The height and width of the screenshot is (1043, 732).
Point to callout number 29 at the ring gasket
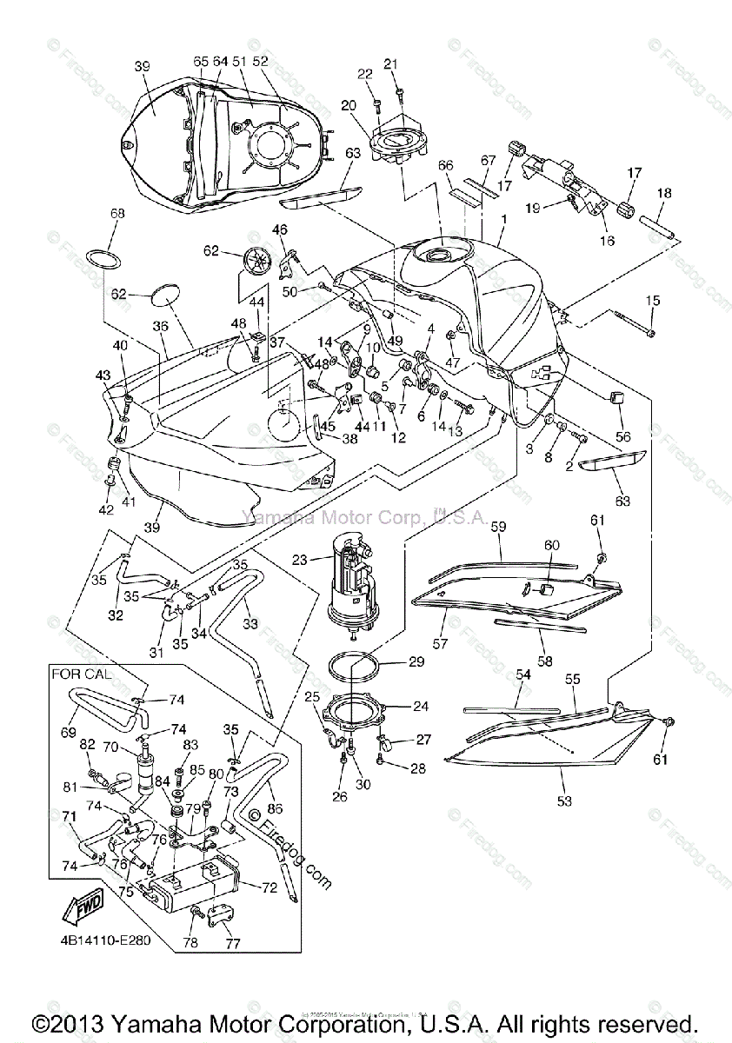pos(416,662)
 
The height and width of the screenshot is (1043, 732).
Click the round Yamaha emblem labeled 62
pos(258,262)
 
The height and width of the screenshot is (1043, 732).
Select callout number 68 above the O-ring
pos(117,213)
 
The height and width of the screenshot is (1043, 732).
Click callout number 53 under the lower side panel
pos(565,801)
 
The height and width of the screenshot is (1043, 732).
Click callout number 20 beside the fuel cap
pos(349,105)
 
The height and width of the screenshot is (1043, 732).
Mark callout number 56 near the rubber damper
pos(623,437)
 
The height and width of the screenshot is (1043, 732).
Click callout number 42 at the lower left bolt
pos(106,509)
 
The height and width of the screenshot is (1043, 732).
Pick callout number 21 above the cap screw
pos(390,64)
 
